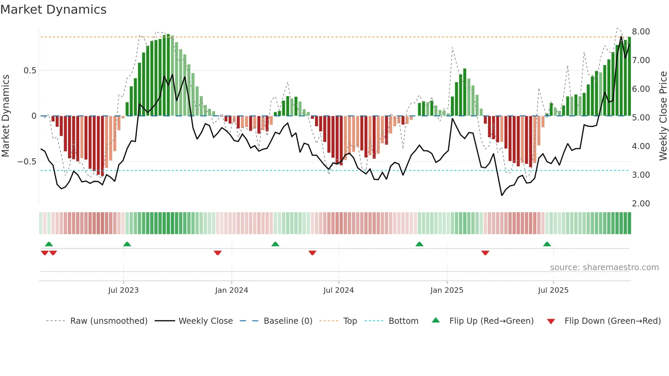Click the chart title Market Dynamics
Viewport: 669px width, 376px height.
(x=53, y=10)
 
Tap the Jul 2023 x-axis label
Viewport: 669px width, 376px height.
(x=123, y=290)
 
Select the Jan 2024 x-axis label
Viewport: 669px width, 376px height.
(x=231, y=290)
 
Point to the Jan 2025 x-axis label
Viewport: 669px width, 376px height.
(x=446, y=290)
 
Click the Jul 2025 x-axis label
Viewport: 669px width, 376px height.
(x=553, y=290)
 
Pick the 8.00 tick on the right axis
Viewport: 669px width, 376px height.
(x=641, y=32)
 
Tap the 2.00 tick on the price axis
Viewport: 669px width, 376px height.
(x=641, y=204)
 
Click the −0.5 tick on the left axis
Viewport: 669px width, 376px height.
(x=27, y=162)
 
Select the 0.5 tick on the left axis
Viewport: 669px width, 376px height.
(x=30, y=71)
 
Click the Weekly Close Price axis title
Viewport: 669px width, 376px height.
(x=663, y=116)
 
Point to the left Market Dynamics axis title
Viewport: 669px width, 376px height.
(x=5, y=116)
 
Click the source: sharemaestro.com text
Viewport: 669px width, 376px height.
(x=604, y=267)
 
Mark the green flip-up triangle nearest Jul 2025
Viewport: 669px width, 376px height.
(x=547, y=244)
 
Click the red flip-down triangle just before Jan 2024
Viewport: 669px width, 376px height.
(x=218, y=253)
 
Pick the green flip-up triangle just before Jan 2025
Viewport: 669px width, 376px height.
(x=419, y=244)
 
